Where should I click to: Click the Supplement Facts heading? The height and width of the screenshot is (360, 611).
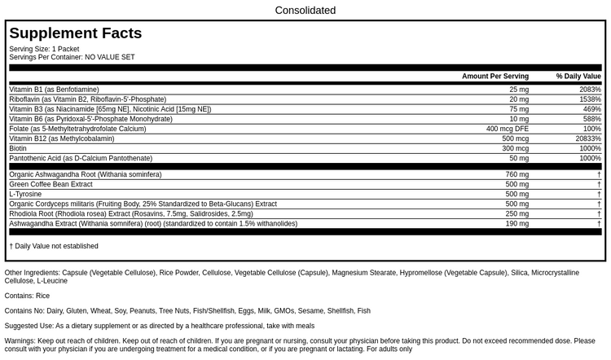(76, 33)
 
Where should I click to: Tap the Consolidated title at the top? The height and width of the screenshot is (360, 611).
(305, 11)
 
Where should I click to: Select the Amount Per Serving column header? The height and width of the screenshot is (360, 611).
(495, 77)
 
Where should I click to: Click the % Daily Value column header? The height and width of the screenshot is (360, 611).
(578, 77)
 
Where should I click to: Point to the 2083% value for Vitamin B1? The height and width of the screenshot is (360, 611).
(590, 90)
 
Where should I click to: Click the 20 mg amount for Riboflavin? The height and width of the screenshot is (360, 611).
(519, 99)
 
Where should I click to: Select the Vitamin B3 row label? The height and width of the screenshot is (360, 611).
(110, 109)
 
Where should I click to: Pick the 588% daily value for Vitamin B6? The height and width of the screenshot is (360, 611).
(591, 119)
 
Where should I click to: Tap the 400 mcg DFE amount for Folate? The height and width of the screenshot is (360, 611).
(508, 129)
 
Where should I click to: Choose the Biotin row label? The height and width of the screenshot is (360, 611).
(18, 149)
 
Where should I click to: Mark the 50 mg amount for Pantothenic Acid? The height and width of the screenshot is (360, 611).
(519, 159)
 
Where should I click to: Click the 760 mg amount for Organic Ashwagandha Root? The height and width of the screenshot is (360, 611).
(517, 174)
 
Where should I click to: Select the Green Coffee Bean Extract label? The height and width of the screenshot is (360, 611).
(51, 184)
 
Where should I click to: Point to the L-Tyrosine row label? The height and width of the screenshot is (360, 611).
(26, 194)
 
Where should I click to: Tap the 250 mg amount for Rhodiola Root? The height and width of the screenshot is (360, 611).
(517, 213)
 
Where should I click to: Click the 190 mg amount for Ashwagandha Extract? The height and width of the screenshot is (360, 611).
(517, 223)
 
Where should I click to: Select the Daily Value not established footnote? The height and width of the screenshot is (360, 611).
(54, 246)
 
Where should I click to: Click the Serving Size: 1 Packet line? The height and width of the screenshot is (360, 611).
(44, 49)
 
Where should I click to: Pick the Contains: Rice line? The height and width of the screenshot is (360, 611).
(27, 296)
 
